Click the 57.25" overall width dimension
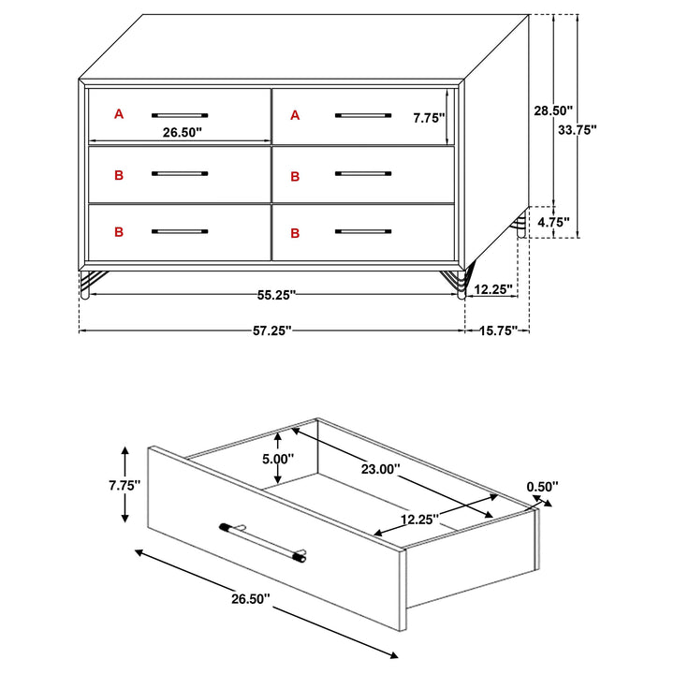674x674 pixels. point(272,330)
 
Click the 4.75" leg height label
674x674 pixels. point(552,223)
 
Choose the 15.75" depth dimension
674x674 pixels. point(498,330)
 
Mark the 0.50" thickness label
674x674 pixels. point(542,486)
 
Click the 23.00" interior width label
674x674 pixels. point(381,468)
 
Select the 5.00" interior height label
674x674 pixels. point(278,459)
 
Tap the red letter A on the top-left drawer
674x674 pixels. point(119,114)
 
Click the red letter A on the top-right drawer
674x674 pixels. point(295,115)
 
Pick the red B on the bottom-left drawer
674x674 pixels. point(119,231)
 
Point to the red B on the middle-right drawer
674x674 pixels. point(295,175)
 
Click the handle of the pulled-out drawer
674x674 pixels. point(263,542)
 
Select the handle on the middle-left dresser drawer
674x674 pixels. point(180,173)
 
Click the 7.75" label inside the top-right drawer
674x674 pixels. point(429,118)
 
